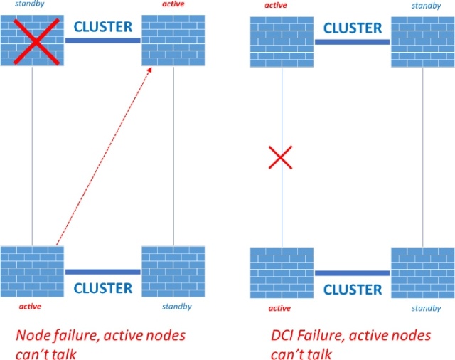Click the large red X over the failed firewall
pos(32,42)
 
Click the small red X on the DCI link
pos(281,157)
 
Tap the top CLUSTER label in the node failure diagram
pos(103,27)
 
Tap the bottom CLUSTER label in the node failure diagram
pos(103,288)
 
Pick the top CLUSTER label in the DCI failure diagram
pos(353,28)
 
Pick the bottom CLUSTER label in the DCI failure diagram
pos(353,289)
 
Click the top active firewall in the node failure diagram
pos(173,42)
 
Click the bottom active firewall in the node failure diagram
pos(32,272)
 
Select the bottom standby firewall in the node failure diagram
pos(173,272)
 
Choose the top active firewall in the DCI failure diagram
pos(282,42)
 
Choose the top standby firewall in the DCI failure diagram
pos(422,42)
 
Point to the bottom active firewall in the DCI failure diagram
pos(282,273)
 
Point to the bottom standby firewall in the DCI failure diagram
pos(422,273)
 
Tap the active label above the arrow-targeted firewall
pos(173,6)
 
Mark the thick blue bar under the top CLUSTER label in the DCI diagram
pos(353,42)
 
